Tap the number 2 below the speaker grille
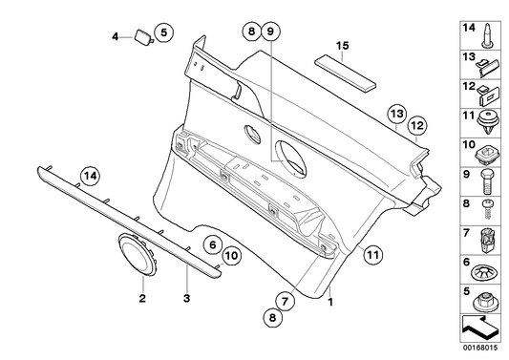142,299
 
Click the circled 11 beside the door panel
371,253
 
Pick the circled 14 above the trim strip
89,175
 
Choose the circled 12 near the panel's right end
415,125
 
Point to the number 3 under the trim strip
186,299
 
